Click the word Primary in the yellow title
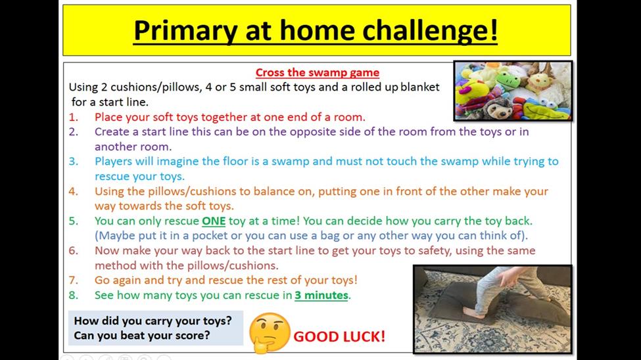[x=185, y=31]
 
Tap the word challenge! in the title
[x=430, y=31]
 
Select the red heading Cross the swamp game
[x=318, y=72]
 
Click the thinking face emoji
[x=270, y=332]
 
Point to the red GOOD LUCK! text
[x=339, y=336]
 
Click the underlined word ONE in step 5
[x=214, y=221]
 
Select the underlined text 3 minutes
[x=321, y=295]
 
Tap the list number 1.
[x=73, y=118]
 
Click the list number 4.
[x=73, y=191]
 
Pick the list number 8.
[x=73, y=295]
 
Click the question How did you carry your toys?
[x=153, y=321]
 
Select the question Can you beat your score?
[x=142, y=336]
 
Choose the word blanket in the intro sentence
[x=420, y=87]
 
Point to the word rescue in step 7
[x=227, y=281]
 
